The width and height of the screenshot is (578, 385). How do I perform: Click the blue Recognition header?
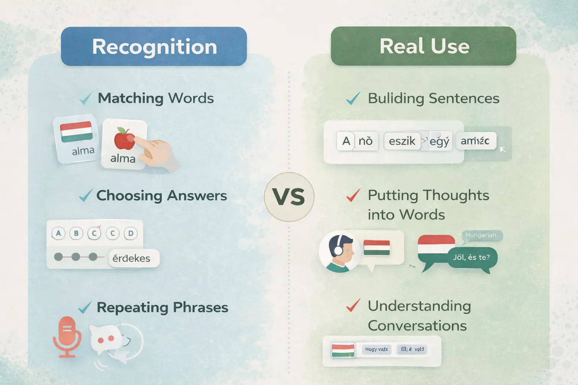point(154,46)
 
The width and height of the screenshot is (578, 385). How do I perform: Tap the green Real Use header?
point(423,46)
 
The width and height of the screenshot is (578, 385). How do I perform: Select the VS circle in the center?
point(289,197)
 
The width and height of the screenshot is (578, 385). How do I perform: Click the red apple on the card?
point(124,138)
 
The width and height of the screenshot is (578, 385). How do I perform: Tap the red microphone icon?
point(67,336)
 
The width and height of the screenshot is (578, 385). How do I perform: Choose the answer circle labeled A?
point(58,233)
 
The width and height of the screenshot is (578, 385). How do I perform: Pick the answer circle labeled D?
point(131,233)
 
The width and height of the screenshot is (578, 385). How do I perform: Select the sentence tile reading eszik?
point(402,141)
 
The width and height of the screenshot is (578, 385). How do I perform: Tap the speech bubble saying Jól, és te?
point(471,258)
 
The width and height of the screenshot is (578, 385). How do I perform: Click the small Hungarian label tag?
point(481,235)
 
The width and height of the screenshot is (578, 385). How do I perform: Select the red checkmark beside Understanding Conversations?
point(353,305)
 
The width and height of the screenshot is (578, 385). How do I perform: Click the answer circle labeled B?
point(76,233)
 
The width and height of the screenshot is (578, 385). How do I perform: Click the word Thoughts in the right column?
point(456,195)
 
